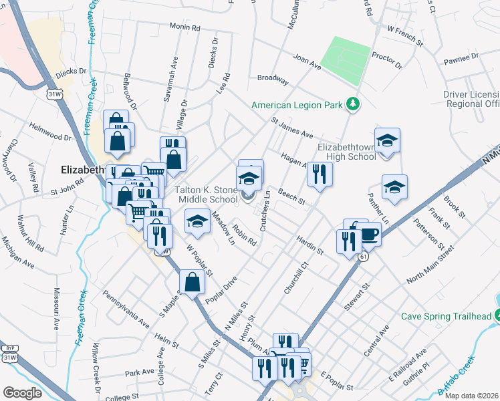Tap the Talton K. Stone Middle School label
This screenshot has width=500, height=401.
tap(207, 194)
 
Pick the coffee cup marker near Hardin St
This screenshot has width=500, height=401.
tap(370, 235)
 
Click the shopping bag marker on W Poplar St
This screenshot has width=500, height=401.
tap(192, 281)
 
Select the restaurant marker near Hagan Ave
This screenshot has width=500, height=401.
tap(320, 174)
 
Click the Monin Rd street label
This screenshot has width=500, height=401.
tap(185, 28)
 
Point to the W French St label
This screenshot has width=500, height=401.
tap(406, 35)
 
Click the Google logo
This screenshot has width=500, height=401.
tap(23, 392)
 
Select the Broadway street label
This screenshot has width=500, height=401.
tap(273, 79)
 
